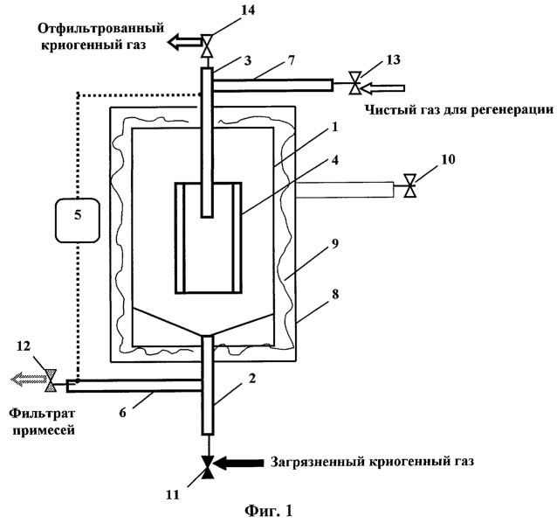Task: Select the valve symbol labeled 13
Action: point(354,83)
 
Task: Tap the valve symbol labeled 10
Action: point(410,185)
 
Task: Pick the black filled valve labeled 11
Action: point(208,467)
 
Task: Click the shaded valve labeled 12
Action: point(51,380)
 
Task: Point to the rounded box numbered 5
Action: point(78,220)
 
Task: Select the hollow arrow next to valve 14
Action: point(184,42)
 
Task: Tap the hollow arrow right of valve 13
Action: point(384,87)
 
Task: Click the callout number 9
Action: point(334,244)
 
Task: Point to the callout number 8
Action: point(335,295)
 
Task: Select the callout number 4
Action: point(334,160)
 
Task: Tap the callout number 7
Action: point(291,60)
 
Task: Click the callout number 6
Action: point(122,413)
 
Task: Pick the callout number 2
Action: point(251,379)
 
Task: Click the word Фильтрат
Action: point(42,414)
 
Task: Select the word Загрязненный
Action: point(318,462)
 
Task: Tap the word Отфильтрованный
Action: point(101,28)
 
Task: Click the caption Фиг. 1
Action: point(269,511)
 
